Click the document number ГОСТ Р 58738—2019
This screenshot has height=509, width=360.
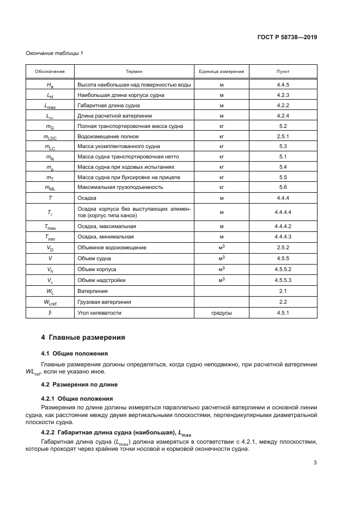(287, 38)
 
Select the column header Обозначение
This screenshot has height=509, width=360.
(50, 72)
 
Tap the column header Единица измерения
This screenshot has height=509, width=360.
(222, 72)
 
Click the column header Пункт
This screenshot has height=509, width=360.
(283, 72)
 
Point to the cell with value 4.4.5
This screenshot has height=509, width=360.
(283, 85)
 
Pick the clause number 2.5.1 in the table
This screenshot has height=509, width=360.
(283, 137)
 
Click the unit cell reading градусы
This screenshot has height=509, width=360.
(222, 314)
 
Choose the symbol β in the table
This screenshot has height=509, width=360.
(50, 314)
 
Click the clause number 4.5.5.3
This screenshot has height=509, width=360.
(283, 280)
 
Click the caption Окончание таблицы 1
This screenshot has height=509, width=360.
(54, 53)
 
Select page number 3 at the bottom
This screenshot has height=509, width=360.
(315, 463)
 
